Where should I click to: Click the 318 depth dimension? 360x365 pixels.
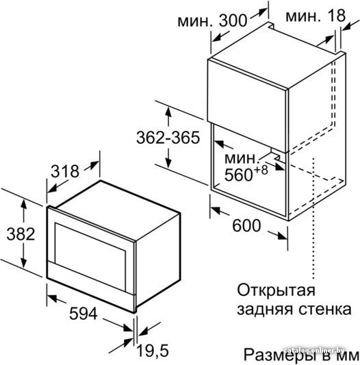[x=65, y=171]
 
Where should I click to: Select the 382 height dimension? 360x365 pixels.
[x=21, y=234]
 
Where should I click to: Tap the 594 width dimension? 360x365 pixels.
[x=83, y=314]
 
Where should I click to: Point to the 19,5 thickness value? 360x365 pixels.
[x=153, y=351]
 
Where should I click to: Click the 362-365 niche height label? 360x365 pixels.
[x=168, y=138]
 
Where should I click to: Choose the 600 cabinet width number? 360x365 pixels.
[x=246, y=225]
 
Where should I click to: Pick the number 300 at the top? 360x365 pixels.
[x=233, y=21]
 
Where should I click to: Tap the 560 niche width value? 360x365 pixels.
[x=239, y=175]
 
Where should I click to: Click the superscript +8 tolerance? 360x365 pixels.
[x=261, y=170]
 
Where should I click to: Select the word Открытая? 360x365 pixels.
[x=277, y=290]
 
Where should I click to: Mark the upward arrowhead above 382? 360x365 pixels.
[x=23, y=204]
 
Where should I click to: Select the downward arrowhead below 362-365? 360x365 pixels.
[x=168, y=162]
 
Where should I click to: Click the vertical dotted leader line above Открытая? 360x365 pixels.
[x=314, y=218]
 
